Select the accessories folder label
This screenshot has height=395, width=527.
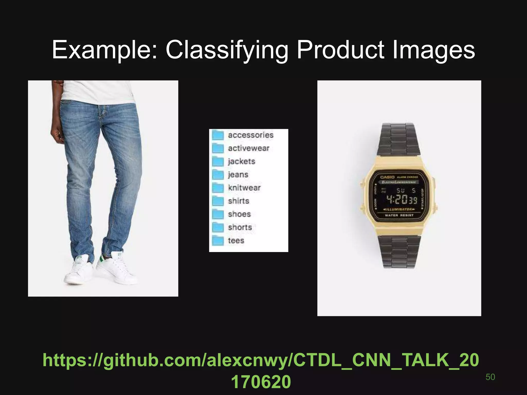point(250,135)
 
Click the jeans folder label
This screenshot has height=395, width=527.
point(238,175)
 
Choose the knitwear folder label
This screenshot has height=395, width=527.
point(244,188)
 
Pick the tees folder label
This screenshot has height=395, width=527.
point(236,241)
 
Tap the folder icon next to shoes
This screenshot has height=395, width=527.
point(218,214)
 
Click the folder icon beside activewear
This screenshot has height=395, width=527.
point(218,148)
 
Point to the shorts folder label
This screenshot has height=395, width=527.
point(240,228)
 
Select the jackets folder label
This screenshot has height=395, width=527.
point(241,161)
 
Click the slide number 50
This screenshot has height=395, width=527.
point(490,377)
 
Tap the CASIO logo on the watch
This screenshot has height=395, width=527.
point(387,177)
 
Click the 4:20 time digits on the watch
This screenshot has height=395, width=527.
point(397,199)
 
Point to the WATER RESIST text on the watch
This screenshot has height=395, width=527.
point(399,215)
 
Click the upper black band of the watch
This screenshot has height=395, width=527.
point(399,139)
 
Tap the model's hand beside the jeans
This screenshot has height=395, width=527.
point(57,134)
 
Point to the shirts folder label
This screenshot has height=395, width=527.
point(239,201)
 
